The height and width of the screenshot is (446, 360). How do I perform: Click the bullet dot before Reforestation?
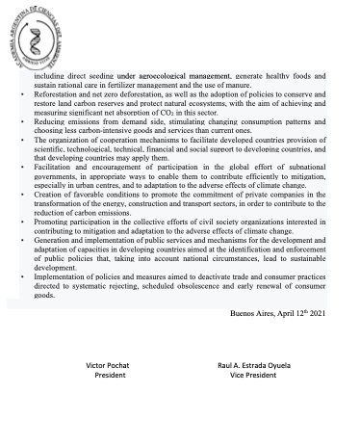(23, 97)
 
